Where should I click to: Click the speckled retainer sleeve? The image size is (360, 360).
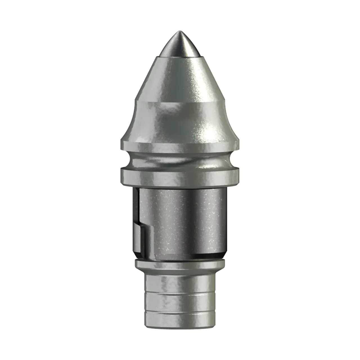point(186,219)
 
